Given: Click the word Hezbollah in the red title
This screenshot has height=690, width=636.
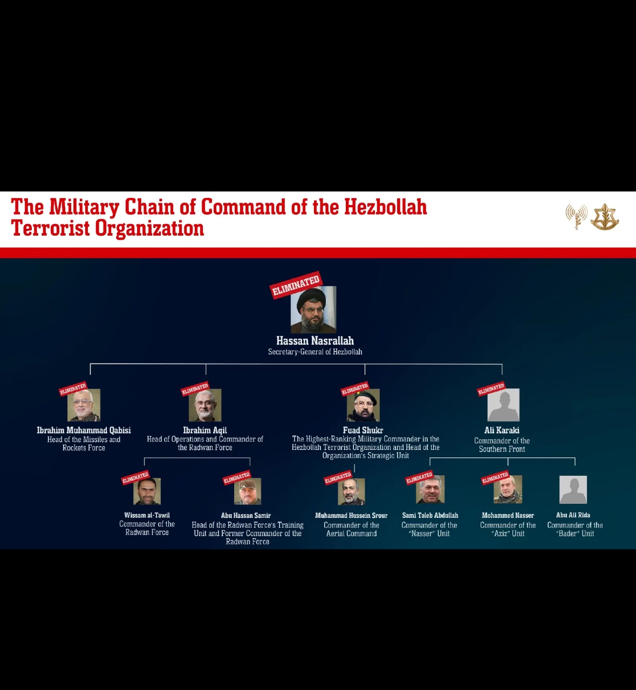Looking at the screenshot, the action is click(385, 207).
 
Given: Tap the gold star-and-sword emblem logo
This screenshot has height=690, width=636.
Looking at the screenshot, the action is click(605, 217).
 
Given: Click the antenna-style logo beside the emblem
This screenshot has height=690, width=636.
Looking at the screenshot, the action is click(576, 216).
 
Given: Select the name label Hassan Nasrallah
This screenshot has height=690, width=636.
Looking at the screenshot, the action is click(315, 340).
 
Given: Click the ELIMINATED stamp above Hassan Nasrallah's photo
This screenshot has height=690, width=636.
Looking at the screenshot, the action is click(296, 284).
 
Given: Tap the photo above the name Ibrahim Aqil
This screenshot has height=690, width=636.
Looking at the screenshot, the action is click(205, 405).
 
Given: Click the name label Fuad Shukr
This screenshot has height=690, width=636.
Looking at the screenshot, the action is click(363, 430).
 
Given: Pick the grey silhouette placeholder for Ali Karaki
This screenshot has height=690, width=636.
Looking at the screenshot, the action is click(503, 405).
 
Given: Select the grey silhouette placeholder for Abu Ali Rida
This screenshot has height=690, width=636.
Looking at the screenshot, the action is click(573, 489).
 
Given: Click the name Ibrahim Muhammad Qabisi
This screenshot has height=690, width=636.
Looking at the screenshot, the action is click(84, 430).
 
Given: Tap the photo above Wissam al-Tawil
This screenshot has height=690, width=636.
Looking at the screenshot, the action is click(147, 491).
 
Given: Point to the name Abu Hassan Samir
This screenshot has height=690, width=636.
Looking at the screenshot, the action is click(245, 515).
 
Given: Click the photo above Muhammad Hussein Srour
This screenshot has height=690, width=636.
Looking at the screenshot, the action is click(351, 491).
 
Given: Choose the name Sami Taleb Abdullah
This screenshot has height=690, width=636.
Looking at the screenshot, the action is click(430, 515).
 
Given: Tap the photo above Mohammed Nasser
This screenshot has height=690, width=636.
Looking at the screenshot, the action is click(508, 489).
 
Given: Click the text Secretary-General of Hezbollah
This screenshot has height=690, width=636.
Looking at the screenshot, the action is click(315, 352).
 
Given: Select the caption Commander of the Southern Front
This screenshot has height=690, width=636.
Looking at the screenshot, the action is click(502, 445).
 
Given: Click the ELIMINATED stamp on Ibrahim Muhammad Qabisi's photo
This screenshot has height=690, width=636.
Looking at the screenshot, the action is click(73, 388).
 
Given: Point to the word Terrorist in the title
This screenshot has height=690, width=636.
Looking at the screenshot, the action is click(50, 229).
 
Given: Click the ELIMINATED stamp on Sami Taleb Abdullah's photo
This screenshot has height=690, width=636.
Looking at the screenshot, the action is click(419, 478).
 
